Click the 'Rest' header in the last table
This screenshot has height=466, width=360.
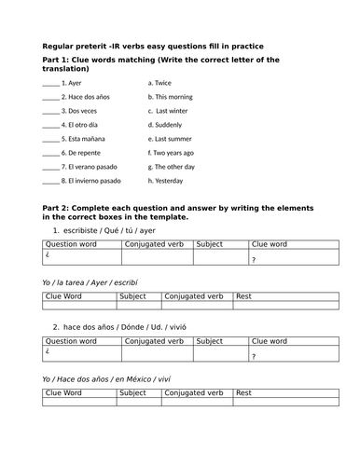tap(244, 392)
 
